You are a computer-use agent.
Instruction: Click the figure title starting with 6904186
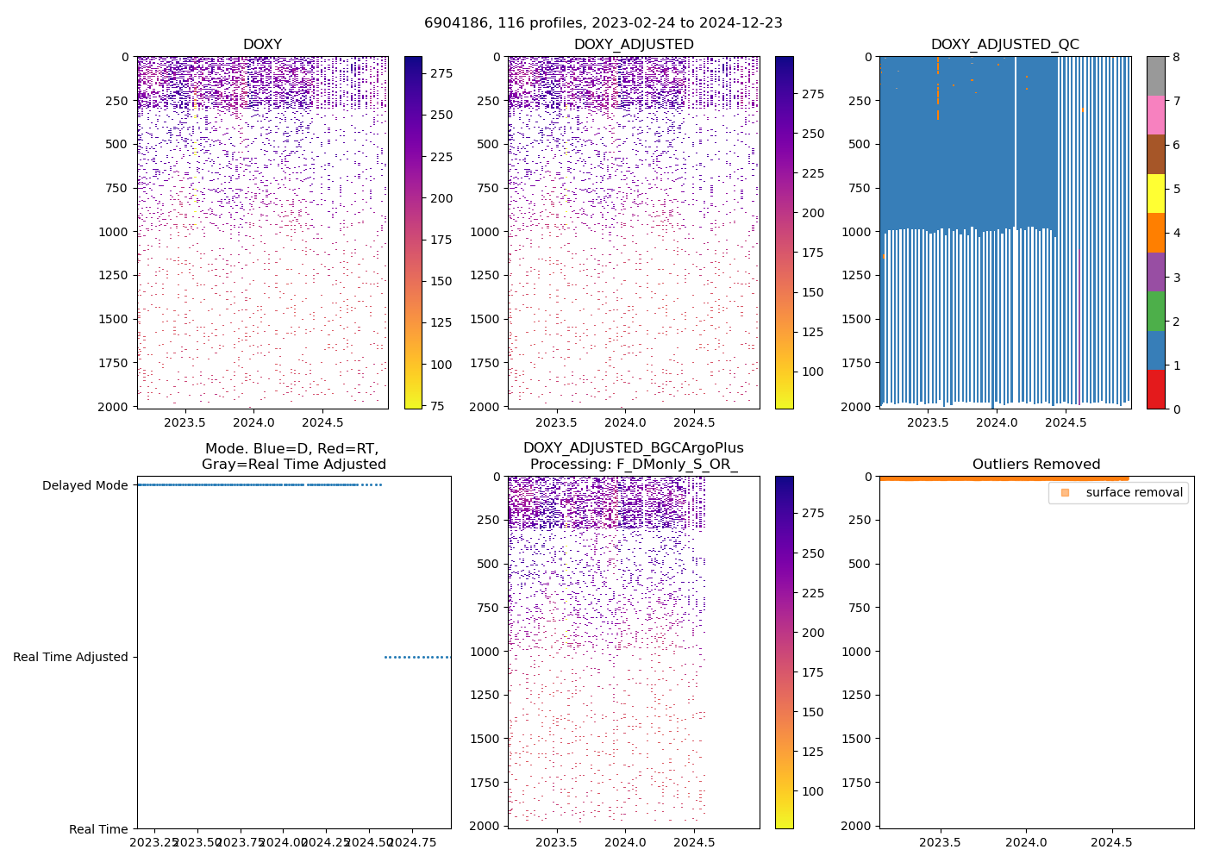coord(603,23)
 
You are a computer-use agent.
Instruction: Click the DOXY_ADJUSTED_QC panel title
coord(1004,45)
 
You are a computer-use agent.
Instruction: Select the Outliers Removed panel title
coord(1035,465)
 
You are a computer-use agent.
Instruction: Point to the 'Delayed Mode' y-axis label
coord(84,485)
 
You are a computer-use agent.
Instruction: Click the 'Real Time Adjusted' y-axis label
coord(70,657)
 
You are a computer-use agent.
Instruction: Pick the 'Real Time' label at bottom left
coord(98,829)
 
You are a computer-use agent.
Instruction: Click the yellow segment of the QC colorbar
coord(1155,194)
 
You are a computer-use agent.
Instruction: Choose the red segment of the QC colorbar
coord(1155,389)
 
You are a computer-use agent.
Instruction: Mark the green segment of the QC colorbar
coord(1155,311)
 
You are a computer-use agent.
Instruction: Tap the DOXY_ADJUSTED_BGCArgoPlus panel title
coord(633,456)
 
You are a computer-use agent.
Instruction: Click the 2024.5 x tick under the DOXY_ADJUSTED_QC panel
coord(1066,422)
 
